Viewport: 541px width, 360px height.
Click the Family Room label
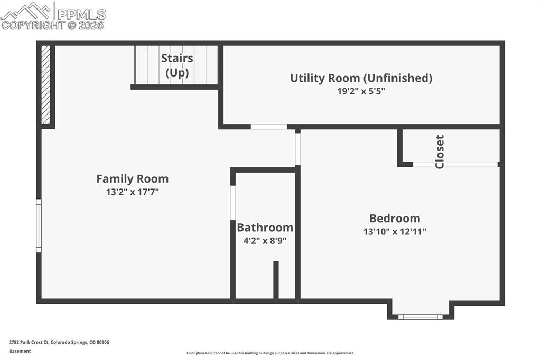[x=133, y=178]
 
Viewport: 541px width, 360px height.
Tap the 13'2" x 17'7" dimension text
[x=133, y=192]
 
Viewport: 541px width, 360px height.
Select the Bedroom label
[x=395, y=219]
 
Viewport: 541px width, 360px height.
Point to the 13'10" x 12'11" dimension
[x=395, y=231]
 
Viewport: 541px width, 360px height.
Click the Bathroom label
[x=265, y=228]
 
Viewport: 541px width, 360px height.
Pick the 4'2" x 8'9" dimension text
[x=265, y=241]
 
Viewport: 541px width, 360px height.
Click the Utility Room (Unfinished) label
[x=361, y=78]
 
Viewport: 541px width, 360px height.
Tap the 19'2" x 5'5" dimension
[x=361, y=91]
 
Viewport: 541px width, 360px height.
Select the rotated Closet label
[x=440, y=151]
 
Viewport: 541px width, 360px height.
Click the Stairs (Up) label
[x=177, y=65]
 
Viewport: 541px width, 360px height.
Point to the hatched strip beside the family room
[x=46, y=84]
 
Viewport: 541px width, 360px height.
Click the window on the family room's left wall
[x=39, y=225]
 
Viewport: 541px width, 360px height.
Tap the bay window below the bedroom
[x=420, y=317]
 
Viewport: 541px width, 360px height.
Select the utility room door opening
[x=269, y=127]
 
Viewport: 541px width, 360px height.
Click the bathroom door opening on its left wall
[x=233, y=202]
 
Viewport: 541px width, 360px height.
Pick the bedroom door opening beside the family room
[x=298, y=149]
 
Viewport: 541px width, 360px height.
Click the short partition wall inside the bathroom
[x=276, y=280]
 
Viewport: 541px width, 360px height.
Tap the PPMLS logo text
[x=81, y=14]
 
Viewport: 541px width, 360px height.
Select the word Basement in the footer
[x=20, y=352]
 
